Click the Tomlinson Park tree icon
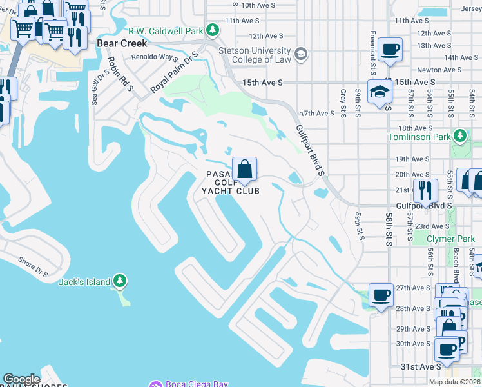459,136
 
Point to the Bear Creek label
122,43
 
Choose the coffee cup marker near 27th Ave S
381,295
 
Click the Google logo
21,379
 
